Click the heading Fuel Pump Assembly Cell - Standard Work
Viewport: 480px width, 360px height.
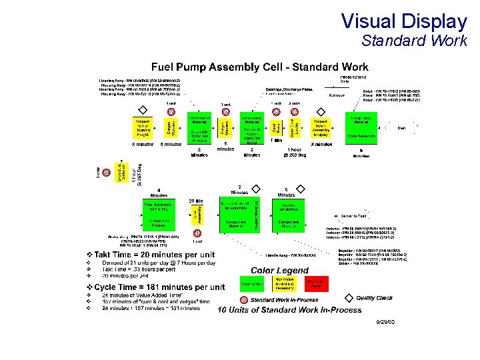pos(260,67)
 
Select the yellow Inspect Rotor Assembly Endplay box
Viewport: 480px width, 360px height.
pos(320,127)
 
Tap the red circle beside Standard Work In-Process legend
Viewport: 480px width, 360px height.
pos(244,300)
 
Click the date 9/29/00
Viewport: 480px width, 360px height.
pos(385,322)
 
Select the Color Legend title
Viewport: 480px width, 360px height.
pos(279,270)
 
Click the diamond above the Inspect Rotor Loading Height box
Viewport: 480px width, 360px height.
pos(142,111)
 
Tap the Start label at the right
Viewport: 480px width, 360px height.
pos(402,127)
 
